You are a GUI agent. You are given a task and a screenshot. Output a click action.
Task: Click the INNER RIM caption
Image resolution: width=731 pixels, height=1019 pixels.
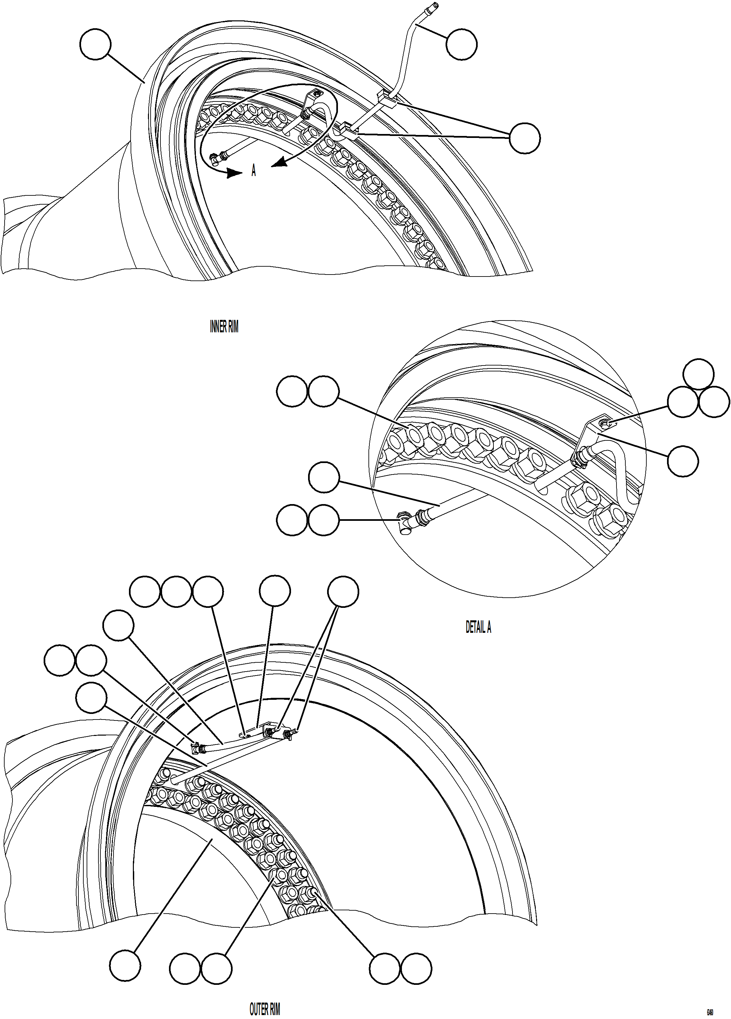224,327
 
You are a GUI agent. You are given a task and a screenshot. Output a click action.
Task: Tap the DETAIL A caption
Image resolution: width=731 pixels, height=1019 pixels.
478,628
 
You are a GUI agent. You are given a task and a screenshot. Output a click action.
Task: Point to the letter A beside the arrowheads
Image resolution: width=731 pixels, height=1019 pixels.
254,171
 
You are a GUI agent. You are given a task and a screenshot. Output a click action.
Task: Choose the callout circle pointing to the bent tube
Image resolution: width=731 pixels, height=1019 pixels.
462,44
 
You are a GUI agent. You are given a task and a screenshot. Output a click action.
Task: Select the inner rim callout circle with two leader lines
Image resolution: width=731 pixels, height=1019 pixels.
525,138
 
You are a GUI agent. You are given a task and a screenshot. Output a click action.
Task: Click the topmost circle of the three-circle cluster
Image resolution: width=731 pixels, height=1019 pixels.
698,374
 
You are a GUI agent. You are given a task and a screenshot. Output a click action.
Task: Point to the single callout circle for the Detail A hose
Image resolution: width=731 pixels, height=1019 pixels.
323,478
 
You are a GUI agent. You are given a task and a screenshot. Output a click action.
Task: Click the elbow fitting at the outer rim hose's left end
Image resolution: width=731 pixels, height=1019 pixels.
195,748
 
